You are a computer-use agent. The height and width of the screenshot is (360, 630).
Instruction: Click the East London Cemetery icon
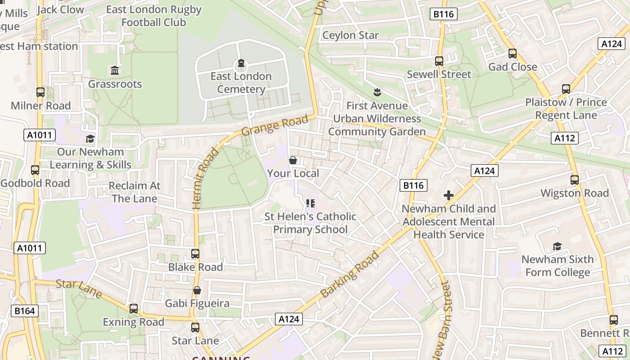click(241, 63)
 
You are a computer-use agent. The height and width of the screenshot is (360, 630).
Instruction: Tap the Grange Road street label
click(275, 125)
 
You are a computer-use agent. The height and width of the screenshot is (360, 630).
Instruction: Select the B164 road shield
click(24, 311)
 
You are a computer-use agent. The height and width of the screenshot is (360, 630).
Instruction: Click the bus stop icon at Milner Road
click(40, 92)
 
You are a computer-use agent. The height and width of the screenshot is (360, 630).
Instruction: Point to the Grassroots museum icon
click(115, 71)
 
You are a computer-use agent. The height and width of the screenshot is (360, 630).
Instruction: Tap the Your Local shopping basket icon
click(293, 160)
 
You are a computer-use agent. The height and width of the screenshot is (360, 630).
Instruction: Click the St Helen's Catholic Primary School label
click(310, 223)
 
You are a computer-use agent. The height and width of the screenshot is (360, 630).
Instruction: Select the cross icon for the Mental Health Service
click(448, 195)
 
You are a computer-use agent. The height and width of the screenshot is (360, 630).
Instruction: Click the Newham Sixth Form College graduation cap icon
click(557, 246)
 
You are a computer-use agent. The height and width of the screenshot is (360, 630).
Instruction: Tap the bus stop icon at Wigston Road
click(575, 180)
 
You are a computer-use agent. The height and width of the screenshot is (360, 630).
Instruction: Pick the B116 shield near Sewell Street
click(444, 14)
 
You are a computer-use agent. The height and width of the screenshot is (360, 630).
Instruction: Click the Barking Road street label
click(350, 274)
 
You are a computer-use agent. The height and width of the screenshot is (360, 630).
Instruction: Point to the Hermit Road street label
click(204, 179)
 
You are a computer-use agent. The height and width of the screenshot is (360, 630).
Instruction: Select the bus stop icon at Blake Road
click(195, 254)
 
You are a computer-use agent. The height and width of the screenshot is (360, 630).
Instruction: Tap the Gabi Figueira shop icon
click(197, 290)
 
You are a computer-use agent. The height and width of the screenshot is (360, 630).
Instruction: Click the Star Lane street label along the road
click(79, 288)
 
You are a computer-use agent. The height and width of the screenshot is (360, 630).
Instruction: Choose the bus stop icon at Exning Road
click(134, 309)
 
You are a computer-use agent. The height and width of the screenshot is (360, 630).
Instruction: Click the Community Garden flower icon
click(377, 92)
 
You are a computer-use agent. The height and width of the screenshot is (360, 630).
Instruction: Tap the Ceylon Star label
click(351, 35)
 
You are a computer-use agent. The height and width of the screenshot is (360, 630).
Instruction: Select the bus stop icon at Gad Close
click(513, 54)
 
